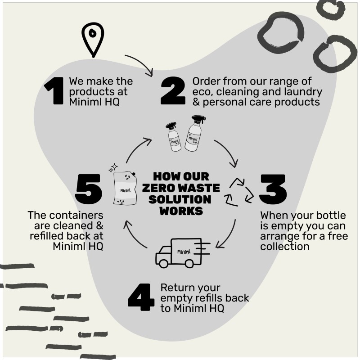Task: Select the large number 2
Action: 172,91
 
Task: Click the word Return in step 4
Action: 175,288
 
